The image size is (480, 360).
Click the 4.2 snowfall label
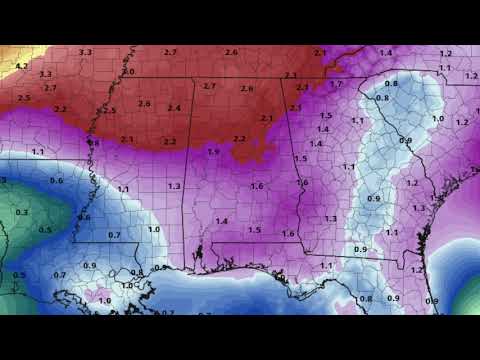(x=21, y=65)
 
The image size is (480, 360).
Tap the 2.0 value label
(x=128, y=72)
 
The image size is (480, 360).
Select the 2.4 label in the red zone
(x=174, y=108)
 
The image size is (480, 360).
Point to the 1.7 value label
(x=336, y=84)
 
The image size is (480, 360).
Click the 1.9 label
(x=213, y=151)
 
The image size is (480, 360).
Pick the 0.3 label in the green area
(x=21, y=212)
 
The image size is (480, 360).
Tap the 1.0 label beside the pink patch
(x=103, y=300)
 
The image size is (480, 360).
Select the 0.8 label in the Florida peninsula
(x=365, y=299)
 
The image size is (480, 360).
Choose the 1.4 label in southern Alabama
(x=221, y=221)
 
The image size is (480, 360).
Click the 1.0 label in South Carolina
(x=437, y=119)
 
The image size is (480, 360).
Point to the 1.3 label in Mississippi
(x=174, y=186)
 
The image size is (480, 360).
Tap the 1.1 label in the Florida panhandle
(x=325, y=265)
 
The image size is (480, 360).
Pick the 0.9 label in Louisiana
(x=90, y=265)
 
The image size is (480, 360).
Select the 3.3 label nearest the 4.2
(x=45, y=74)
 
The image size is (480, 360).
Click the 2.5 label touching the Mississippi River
(x=109, y=110)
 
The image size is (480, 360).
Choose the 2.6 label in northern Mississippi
(x=144, y=104)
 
